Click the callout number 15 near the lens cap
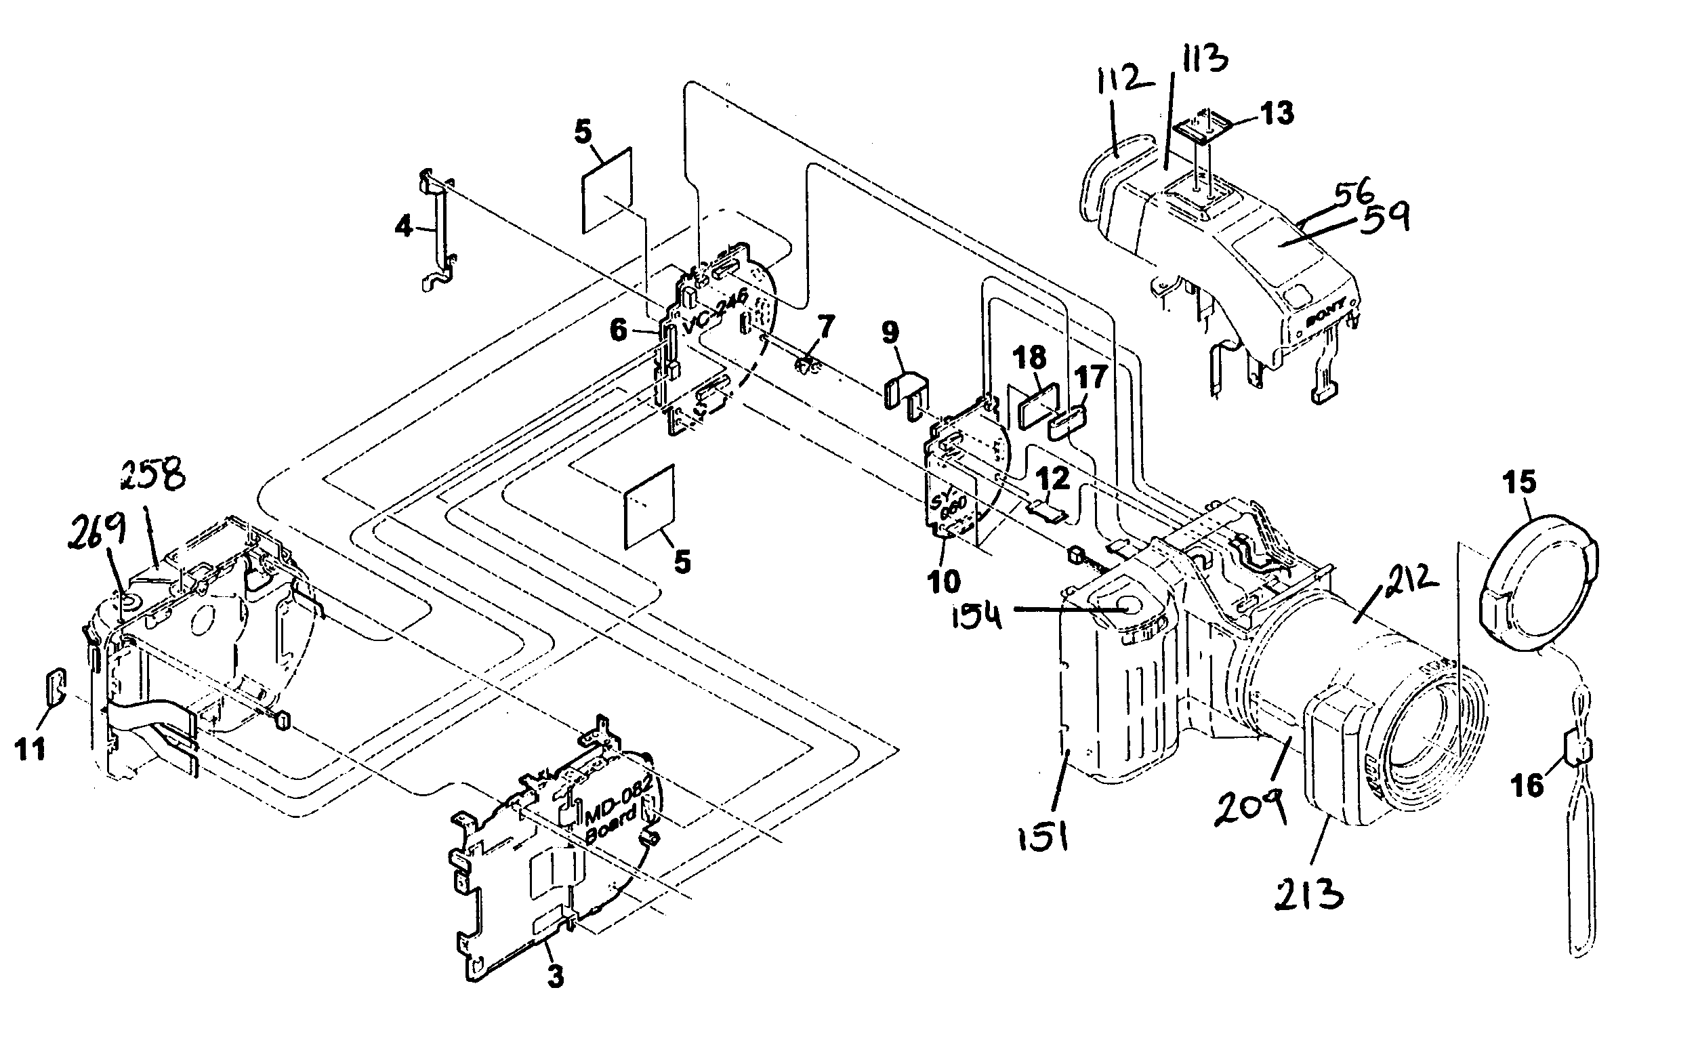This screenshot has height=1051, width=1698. (x=1518, y=482)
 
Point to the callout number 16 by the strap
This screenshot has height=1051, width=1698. (x=1527, y=786)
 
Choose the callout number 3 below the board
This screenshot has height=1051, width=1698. (x=555, y=976)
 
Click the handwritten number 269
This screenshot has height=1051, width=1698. (x=98, y=531)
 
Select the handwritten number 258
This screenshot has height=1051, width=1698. (x=153, y=476)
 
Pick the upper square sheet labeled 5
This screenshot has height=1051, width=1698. (x=606, y=190)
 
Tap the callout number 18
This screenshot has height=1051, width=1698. (x=1029, y=358)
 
